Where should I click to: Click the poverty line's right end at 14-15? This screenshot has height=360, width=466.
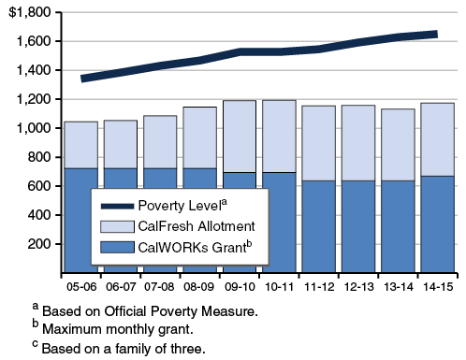click(x=436, y=35)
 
